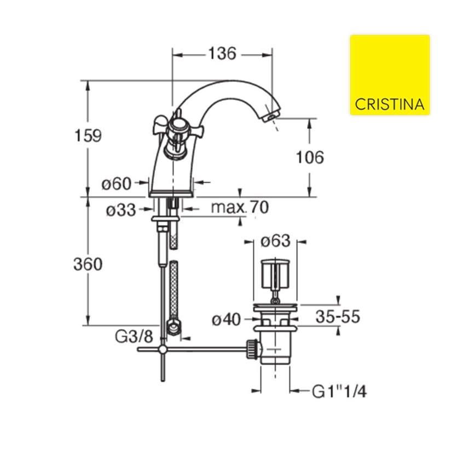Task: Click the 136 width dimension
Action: click(222, 54)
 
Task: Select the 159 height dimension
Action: click(88, 136)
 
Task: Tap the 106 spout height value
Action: click(310, 157)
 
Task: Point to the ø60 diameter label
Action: click(117, 184)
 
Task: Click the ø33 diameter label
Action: click(121, 210)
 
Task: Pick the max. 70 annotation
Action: click(240, 207)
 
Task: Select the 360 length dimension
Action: click(88, 264)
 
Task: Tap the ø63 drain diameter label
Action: click(275, 241)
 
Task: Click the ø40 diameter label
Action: click(227, 320)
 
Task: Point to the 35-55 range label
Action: click(338, 316)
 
